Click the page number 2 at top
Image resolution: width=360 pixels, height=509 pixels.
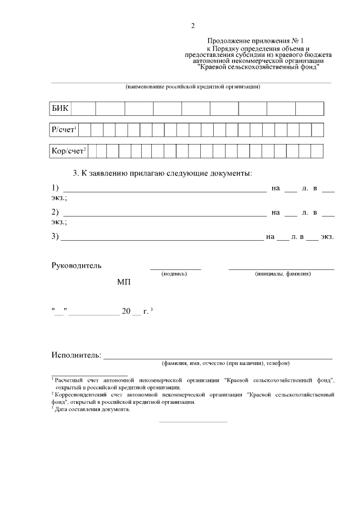pyautogui.click(x=192, y=26)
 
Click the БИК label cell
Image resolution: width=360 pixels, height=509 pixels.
pyautogui.click(x=60, y=109)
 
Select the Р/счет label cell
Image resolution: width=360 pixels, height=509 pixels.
pyautogui.click(x=64, y=130)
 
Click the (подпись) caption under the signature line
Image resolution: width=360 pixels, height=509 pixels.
pyautogui.click(x=174, y=274)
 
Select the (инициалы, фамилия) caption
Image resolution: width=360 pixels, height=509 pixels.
pyautogui.click(x=282, y=274)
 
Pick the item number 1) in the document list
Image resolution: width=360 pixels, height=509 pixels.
pyautogui.click(x=55, y=187)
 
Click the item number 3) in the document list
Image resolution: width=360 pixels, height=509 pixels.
pyautogui.click(x=55, y=236)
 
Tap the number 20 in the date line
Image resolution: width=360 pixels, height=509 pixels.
pyautogui.click(x=126, y=311)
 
